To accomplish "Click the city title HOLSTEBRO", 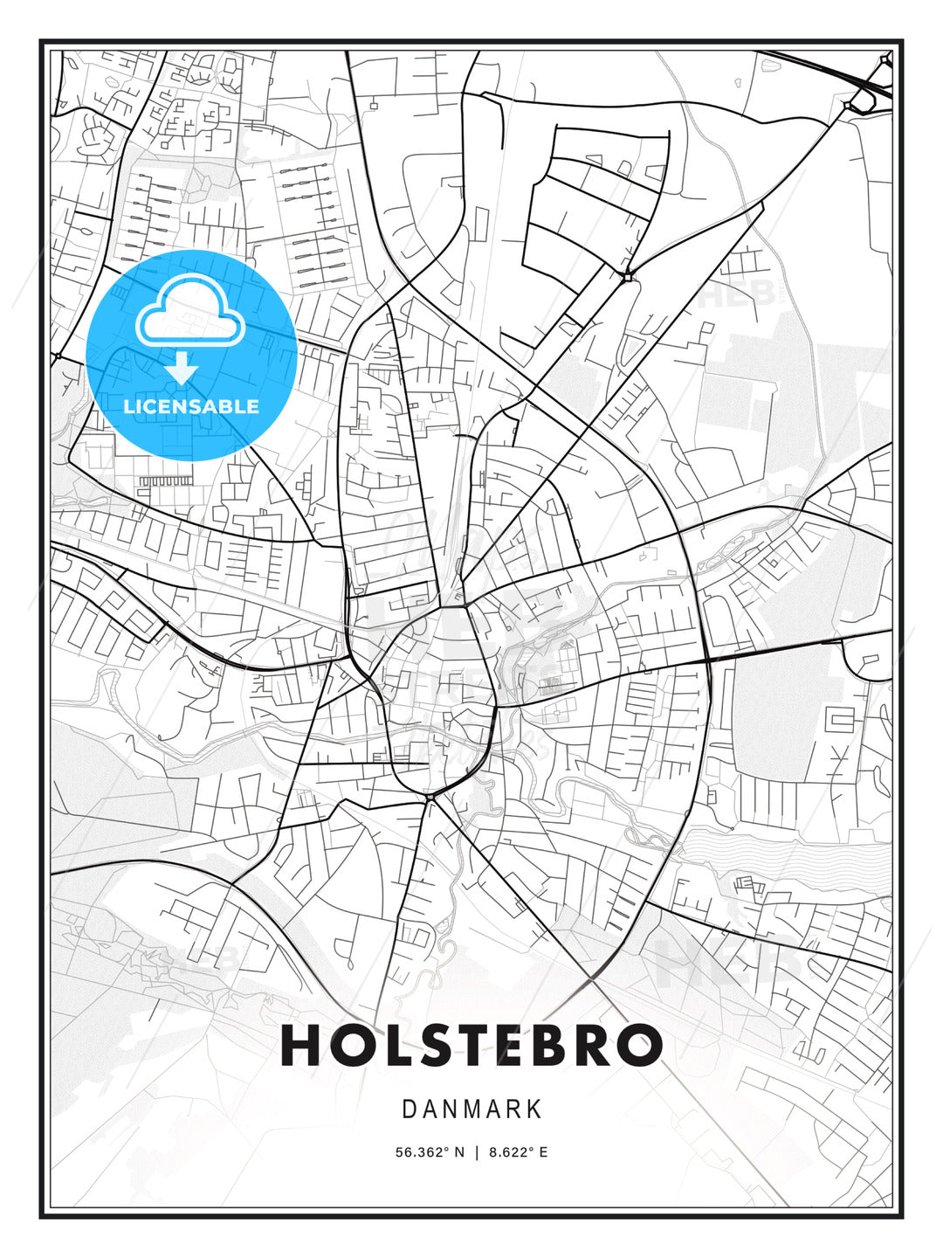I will point(471,1045).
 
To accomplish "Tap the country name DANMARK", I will point(471,1109).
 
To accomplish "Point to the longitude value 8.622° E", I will point(519,1152).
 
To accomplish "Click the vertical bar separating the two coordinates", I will point(477,1152).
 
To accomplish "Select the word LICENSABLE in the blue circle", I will point(191,406).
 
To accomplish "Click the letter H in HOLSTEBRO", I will point(301,1045).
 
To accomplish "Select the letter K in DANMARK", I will point(534,1109).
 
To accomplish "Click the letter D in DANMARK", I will point(409,1109).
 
